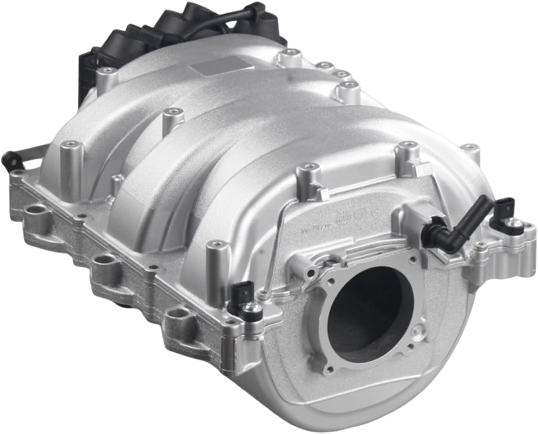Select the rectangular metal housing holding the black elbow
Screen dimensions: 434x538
click(417, 217)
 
